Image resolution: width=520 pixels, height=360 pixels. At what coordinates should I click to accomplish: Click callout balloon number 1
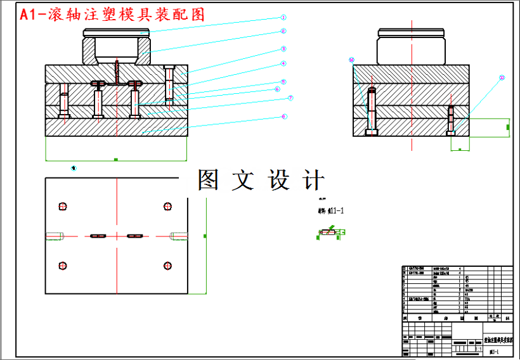tap(283, 18)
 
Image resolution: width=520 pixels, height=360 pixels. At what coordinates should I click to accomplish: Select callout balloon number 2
tap(283, 31)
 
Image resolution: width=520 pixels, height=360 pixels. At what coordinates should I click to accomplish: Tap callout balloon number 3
tap(283, 48)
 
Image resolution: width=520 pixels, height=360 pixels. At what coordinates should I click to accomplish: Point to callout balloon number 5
tap(283, 82)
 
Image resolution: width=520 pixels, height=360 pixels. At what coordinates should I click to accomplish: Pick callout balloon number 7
tap(290, 98)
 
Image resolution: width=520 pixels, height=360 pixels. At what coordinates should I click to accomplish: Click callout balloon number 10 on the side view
tap(351, 60)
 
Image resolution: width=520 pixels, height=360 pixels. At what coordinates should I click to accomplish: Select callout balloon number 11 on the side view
tap(502, 78)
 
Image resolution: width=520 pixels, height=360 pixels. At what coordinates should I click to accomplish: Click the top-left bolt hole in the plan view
tap(62, 206)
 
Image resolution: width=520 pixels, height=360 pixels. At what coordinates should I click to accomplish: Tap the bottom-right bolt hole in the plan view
tap(168, 266)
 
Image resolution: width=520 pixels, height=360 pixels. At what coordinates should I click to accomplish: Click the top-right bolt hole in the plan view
tap(168, 206)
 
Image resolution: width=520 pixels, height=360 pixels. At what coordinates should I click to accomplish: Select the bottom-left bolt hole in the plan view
tap(62, 266)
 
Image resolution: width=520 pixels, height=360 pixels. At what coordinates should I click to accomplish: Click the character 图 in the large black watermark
tap(209, 180)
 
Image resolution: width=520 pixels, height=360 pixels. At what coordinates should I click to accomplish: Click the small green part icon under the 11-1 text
tap(330, 233)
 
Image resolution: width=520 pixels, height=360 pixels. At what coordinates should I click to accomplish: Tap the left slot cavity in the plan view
tap(98, 236)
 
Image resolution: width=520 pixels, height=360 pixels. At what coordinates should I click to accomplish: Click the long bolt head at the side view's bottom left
tap(371, 133)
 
